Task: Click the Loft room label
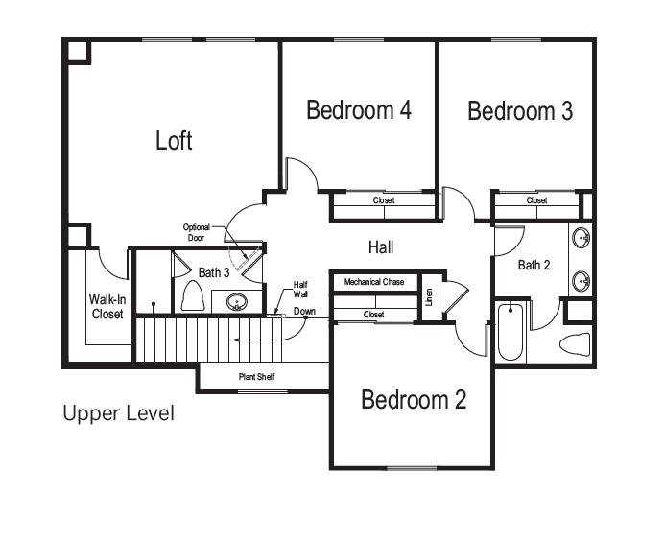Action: coord(174,140)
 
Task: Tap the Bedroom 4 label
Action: coord(359,109)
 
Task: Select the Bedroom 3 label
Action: coord(520,110)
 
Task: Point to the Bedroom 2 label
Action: coord(414,400)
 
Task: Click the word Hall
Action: coord(381,247)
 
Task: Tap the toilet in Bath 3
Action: coord(193,295)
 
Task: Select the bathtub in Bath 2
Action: coord(511,331)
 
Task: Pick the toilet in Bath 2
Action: coord(575,343)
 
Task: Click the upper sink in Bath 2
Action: coord(581,238)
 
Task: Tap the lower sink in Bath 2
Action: coord(581,280)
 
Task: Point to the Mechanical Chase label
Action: coord(374,282)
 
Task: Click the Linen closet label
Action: coord(429,297)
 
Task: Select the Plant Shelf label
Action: coord(256,377)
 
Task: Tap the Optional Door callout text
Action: coord(196,232)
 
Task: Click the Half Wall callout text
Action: coord(300,290)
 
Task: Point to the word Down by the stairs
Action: coord(304,311)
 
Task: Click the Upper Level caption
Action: coord(118,413)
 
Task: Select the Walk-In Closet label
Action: coord(107,307)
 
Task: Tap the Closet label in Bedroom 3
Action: coord(537,200)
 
